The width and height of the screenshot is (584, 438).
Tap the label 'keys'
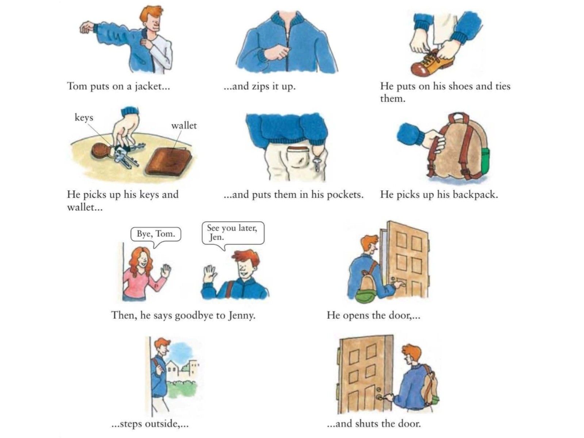pos(84,117)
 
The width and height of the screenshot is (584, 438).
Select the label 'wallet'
pos(184,125)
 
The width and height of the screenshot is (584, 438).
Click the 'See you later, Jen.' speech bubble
pos(233,234)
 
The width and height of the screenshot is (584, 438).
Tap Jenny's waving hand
pos(166,271)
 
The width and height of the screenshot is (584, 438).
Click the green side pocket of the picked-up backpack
pos(485,160)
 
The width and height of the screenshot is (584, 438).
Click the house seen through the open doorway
pos(173,368)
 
